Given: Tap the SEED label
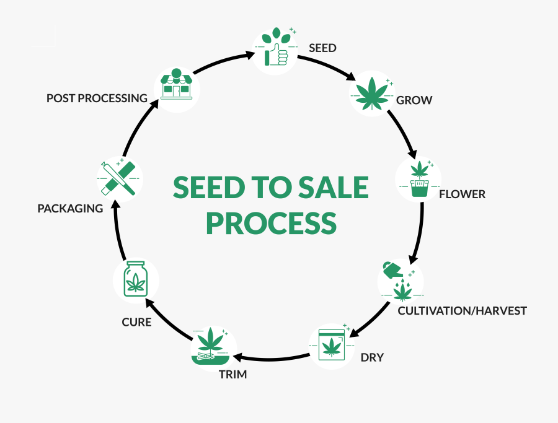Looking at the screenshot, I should click(322, 48).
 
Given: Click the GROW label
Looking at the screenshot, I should click(414, 100).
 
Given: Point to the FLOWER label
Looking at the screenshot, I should click(462, 194).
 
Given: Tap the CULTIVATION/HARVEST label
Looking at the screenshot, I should click(462, 310).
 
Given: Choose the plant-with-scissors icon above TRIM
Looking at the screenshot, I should click(213, 347).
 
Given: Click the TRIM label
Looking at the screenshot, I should click(232, 374).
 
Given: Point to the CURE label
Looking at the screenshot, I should click(136, 322).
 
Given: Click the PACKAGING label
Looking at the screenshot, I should click(70, 208).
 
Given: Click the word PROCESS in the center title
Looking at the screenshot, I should click(271, 223).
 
